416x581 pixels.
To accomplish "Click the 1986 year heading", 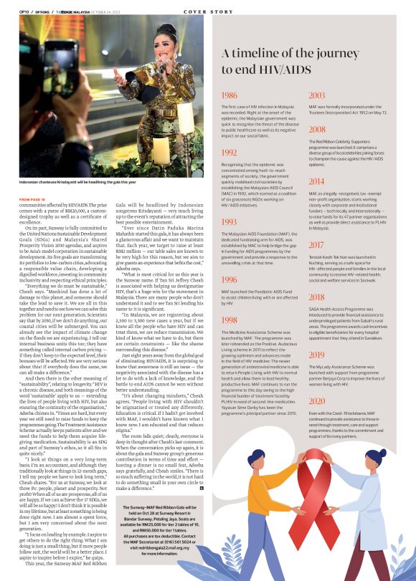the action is (x=230, y=95).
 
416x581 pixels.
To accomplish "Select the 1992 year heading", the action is (x=230, y=153).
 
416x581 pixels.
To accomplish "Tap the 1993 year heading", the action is (x=230, y=223).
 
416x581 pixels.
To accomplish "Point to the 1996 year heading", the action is (x=230, y=280).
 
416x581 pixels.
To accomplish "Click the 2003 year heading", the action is (x=317, y=95).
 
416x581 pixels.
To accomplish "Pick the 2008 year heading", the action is (x=317, y=130).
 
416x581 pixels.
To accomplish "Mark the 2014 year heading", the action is (x=317, y=181).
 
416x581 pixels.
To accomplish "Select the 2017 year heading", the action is (x=317, y=245).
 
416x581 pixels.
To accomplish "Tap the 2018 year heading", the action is (x=317, y=297).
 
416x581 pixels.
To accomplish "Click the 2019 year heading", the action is (x=317, y=355).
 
